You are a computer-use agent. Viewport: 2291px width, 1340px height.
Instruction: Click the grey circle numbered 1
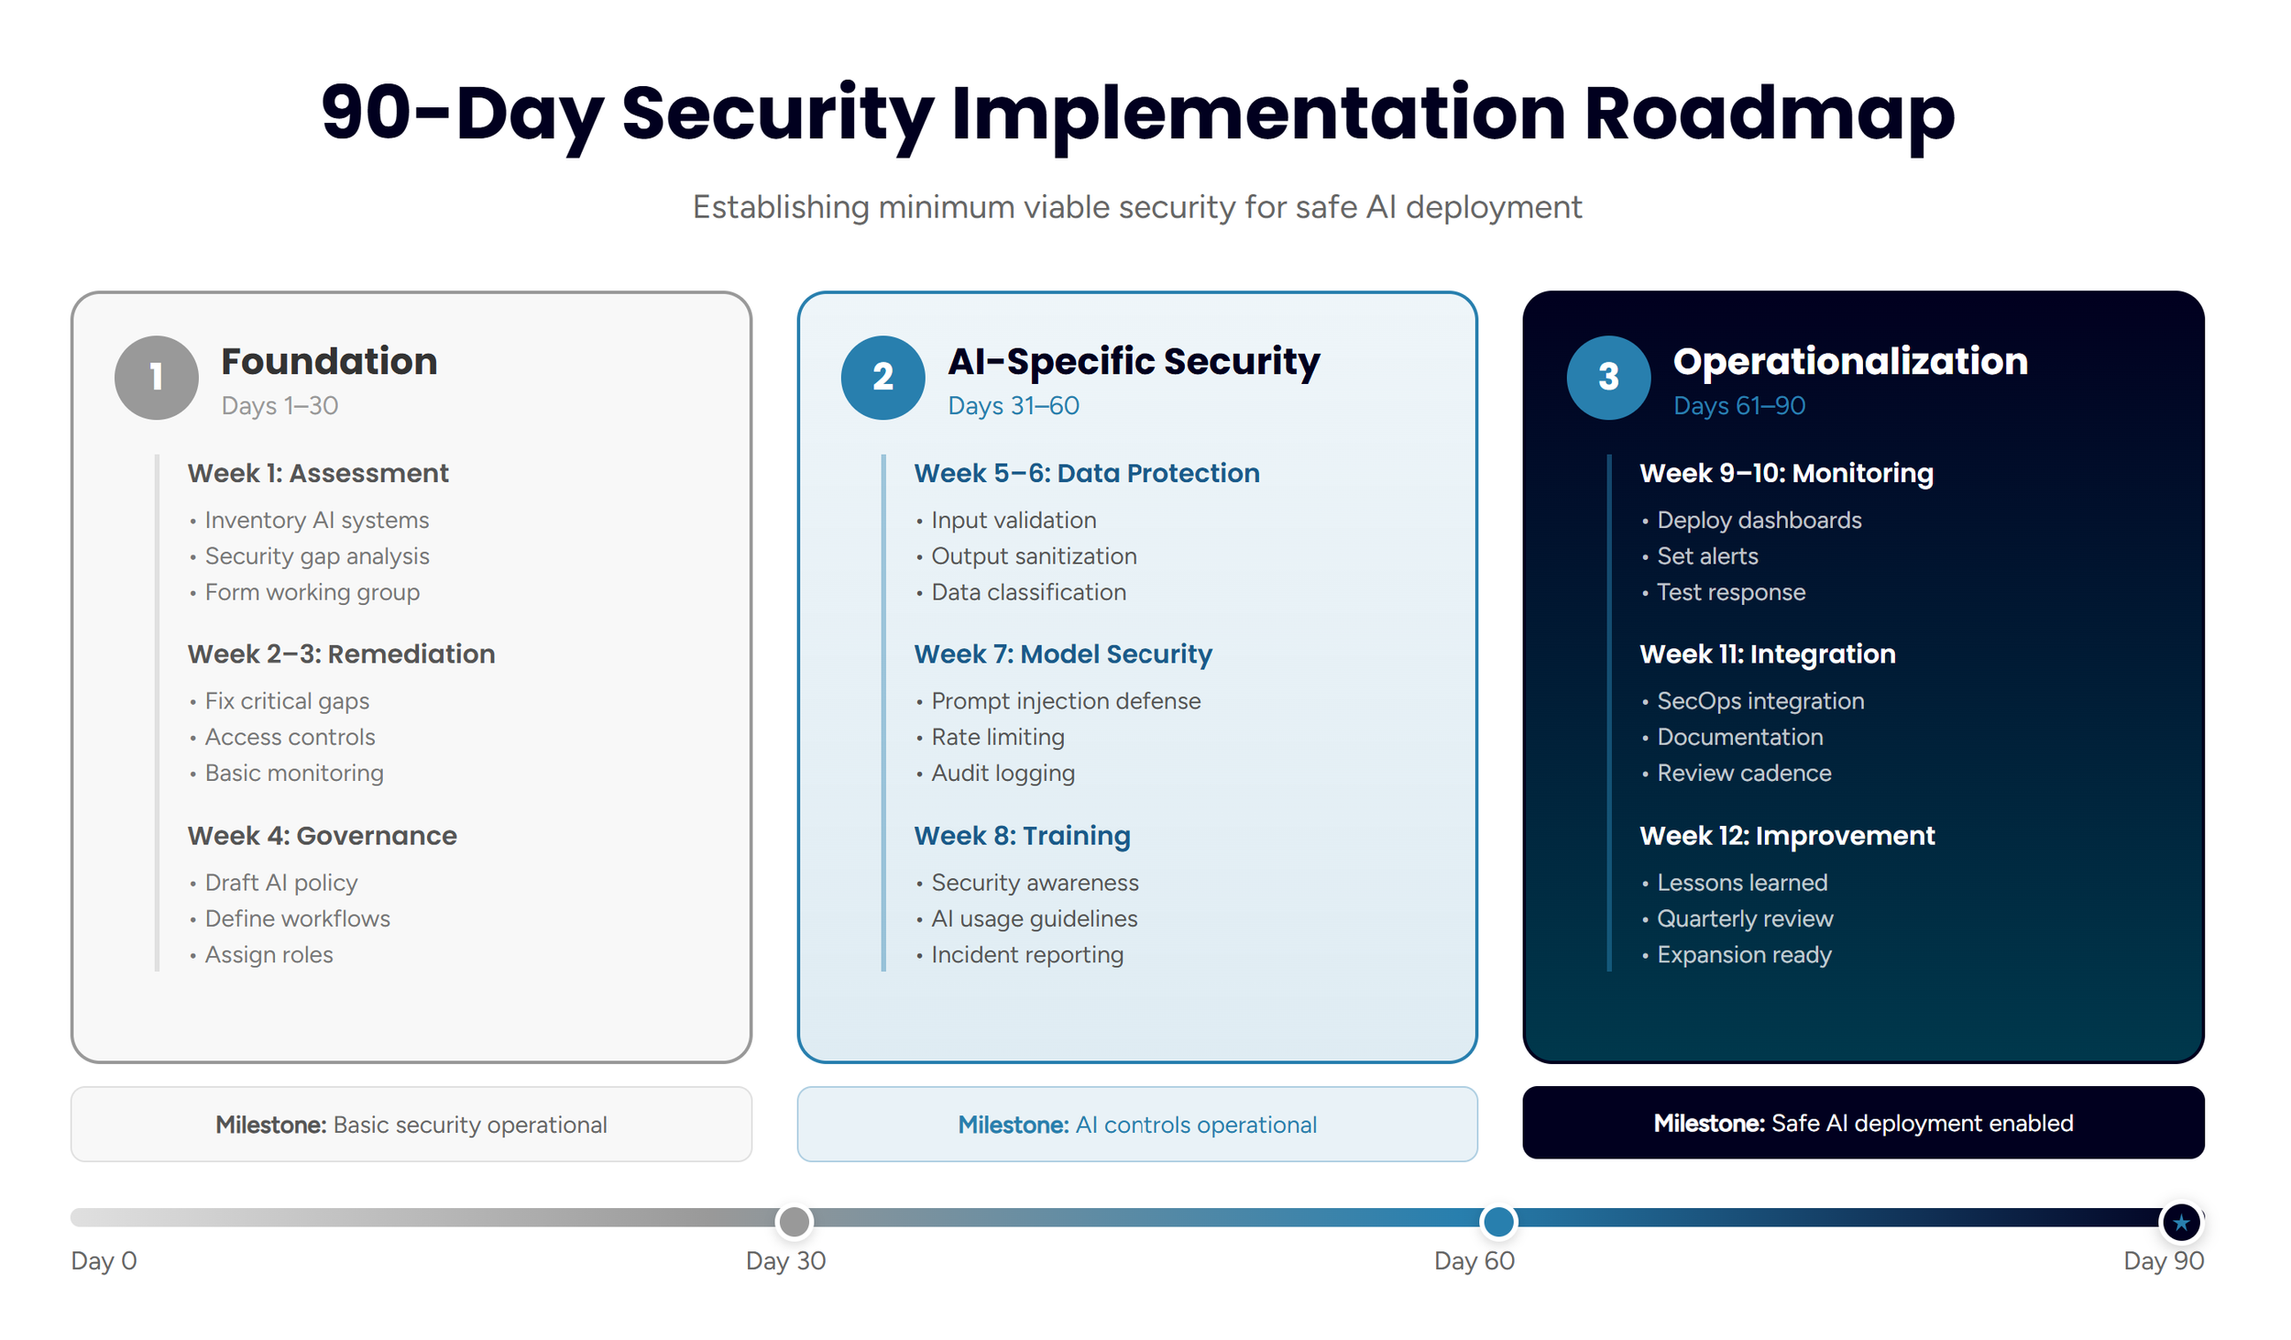point(156,377)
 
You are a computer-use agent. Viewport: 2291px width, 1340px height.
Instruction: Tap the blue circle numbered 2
point(882,377)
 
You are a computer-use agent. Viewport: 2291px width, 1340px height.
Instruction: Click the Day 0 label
point(104,1260)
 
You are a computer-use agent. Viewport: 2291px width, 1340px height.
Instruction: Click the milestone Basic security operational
point(411,1124)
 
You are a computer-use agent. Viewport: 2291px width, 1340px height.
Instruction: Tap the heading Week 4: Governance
point(322,835)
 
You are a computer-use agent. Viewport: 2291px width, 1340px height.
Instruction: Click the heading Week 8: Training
point(1021,835)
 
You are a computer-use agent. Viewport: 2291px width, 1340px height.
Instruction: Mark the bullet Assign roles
point(268,954)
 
